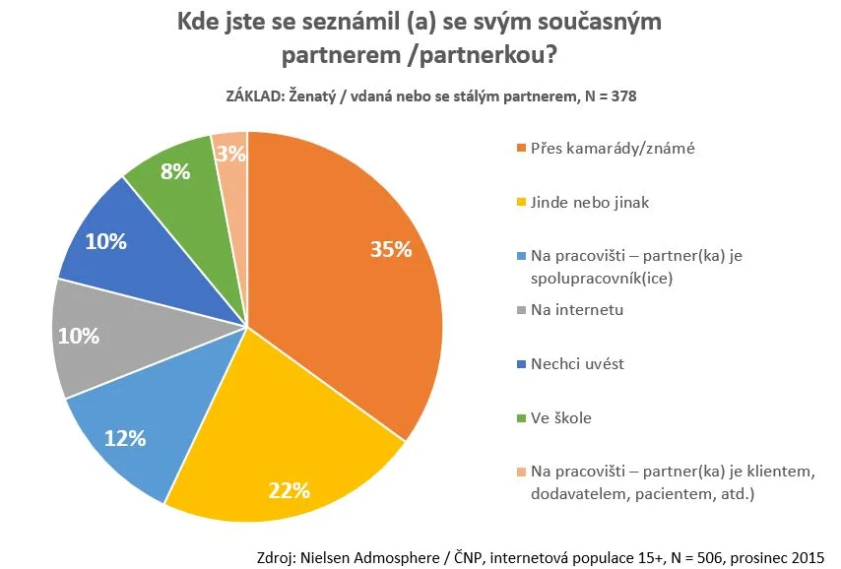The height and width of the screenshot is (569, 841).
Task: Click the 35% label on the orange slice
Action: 391,249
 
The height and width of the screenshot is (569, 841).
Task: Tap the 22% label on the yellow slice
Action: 290,490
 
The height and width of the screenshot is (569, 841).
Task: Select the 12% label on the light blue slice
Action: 125,439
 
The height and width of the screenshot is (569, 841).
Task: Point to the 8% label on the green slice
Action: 175,171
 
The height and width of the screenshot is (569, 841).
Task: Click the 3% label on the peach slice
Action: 231,154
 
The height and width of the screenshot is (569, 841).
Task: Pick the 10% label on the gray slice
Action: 79,337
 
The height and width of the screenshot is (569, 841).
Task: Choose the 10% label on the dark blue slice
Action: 106,242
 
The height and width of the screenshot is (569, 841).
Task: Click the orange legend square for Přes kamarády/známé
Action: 521,148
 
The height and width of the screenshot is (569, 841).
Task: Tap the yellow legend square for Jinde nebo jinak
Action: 521,202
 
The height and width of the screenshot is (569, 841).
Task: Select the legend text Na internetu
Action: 577,310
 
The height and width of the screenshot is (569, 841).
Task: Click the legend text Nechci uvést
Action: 578,363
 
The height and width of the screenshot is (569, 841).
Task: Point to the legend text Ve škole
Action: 561,417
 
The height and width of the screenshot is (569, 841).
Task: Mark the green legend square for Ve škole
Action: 521,417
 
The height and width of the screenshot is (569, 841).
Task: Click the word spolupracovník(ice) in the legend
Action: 602,279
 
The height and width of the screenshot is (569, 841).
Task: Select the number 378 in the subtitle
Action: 623,96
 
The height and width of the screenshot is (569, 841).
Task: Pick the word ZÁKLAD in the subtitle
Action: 255,96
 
